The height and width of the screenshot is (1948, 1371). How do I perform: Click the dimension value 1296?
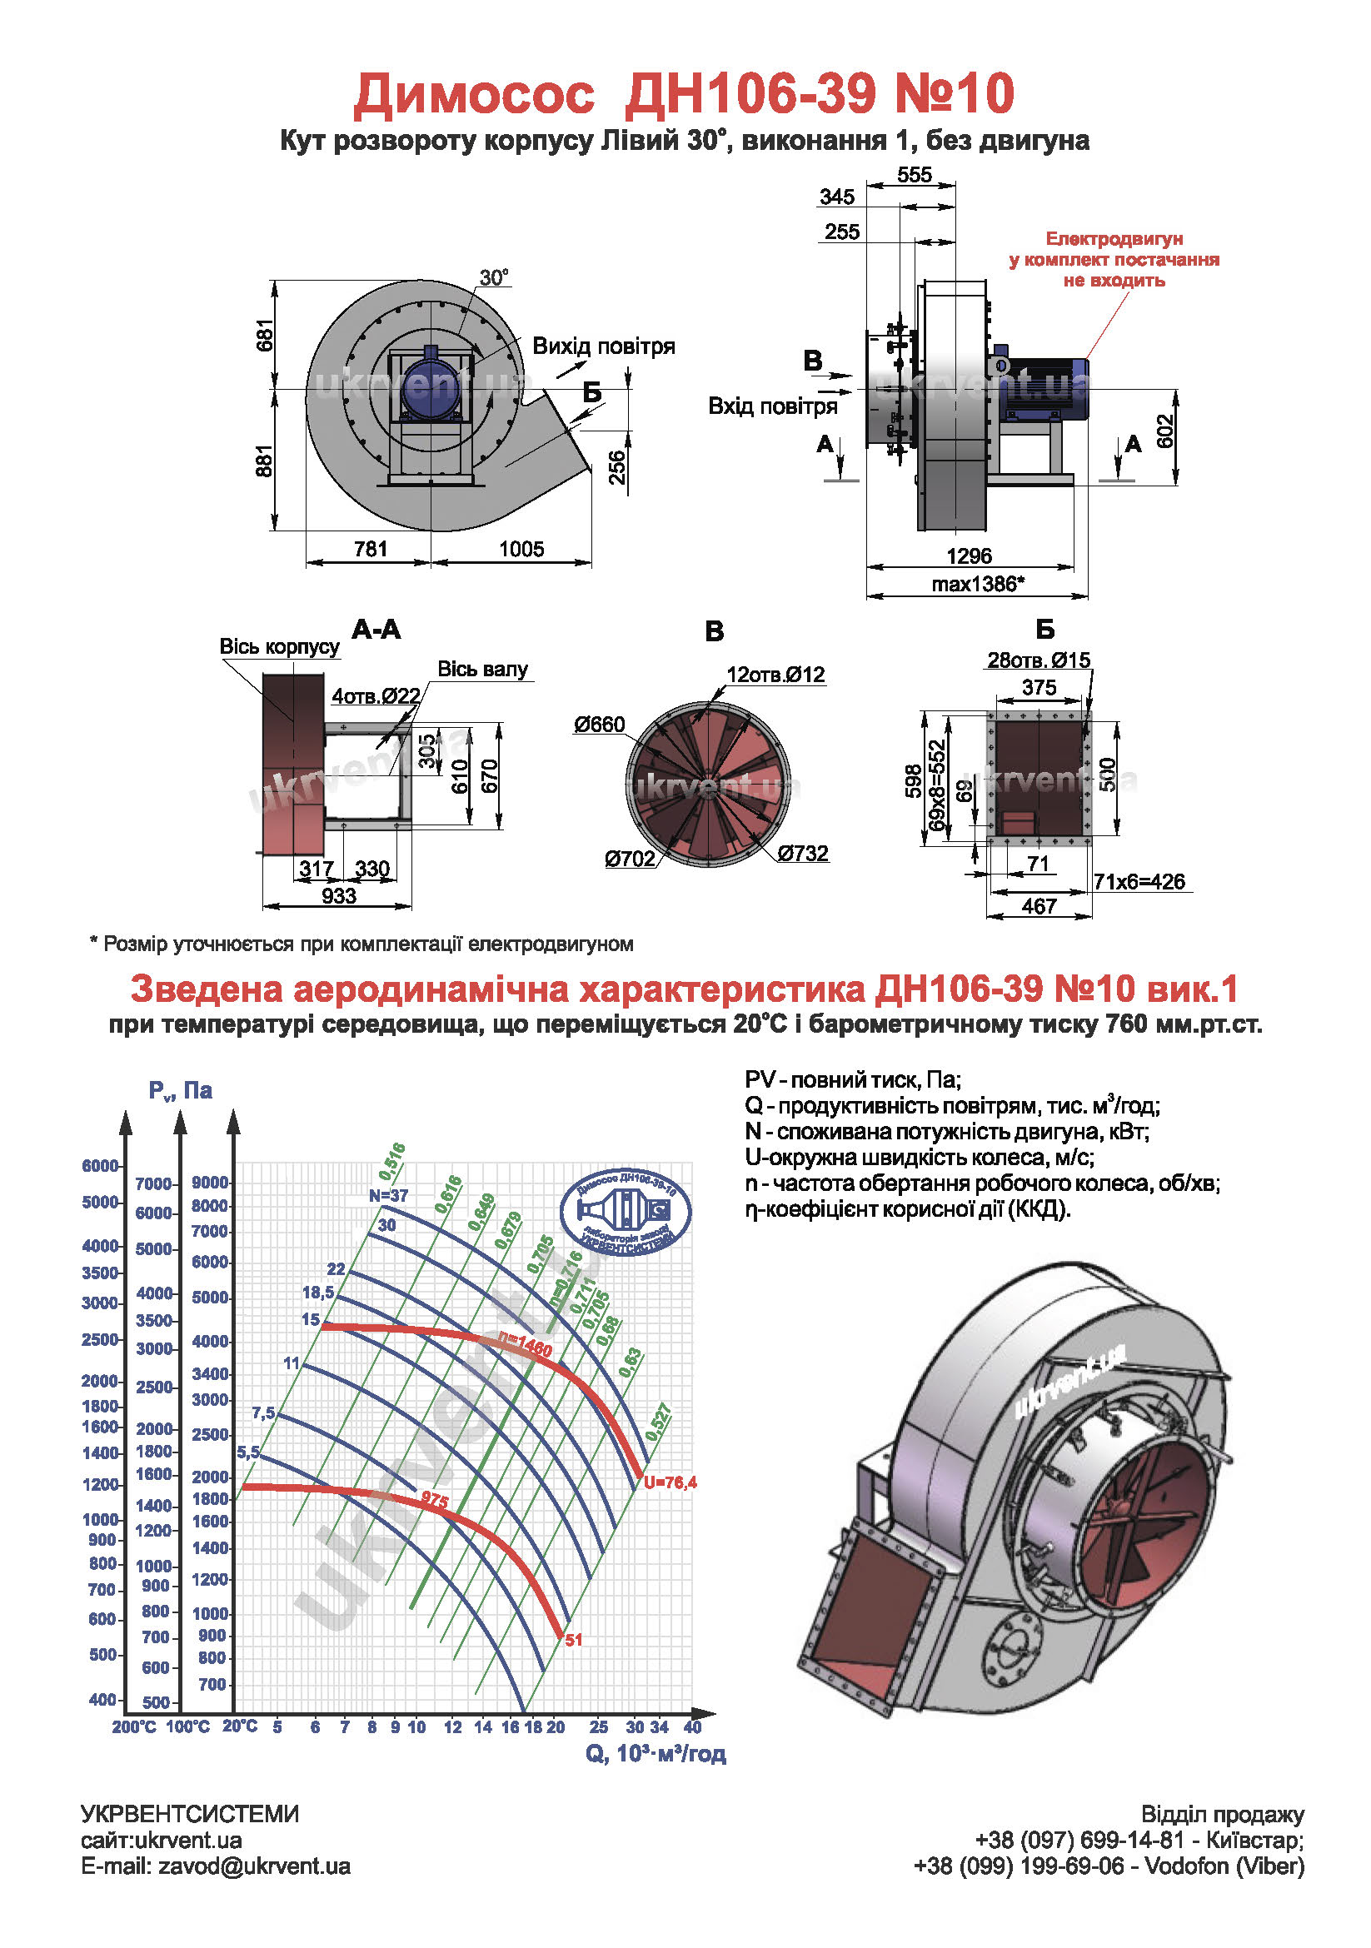point(969,556)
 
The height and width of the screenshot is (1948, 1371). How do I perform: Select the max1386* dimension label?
point(978,584)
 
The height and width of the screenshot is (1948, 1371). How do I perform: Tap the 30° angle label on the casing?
point(494,277)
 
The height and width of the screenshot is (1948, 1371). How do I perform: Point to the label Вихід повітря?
point(603,346)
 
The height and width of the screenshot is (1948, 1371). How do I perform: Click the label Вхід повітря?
point(773,406)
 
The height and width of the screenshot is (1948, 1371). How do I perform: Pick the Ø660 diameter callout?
point(599,725)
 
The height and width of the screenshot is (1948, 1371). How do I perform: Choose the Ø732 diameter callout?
point(803,854)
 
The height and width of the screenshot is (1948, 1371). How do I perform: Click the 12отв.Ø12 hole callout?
point(775,675)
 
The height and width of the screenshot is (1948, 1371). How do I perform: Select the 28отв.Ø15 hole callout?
point(1039,660)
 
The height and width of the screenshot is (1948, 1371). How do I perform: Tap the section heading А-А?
point(376,630)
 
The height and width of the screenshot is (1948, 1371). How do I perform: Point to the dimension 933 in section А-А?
point(338,896)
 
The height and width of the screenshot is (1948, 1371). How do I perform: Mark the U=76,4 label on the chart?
point(671,1482)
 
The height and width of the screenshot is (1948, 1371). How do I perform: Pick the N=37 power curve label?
point(389,1195)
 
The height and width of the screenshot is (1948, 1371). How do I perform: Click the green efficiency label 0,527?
point(658,1422)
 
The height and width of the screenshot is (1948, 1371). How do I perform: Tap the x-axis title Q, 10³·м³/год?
point(656,1753)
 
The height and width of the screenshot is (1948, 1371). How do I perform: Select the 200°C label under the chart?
point(134,1726)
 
